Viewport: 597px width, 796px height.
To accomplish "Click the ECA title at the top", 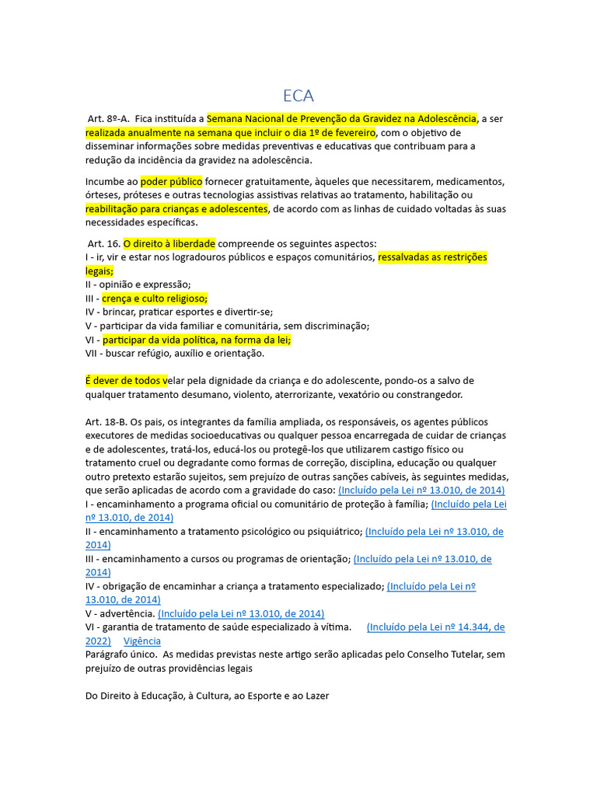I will pos(298,96).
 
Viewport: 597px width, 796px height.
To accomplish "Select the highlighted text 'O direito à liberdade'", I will pos(169,243).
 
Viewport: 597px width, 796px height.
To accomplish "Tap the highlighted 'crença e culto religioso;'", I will pos(155,298).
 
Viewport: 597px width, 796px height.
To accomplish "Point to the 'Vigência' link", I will pos(142,641).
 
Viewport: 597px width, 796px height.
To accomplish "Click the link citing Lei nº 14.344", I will pos(435,627).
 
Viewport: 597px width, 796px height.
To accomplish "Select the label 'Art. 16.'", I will pos(103,243).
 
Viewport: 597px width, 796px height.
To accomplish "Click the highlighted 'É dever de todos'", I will pos(126,380).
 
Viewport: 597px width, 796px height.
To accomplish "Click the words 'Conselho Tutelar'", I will pos(446,655).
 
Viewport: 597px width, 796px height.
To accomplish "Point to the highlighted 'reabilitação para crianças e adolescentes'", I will pos(176,208).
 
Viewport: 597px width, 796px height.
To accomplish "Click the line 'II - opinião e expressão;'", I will pos(138,284).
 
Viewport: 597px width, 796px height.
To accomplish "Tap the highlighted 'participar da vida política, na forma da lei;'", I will pos(197,340).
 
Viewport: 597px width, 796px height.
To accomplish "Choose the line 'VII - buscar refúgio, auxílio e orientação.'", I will pos(175,353).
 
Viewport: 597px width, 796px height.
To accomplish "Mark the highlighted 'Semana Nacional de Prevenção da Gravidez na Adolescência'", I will pos(342,119).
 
